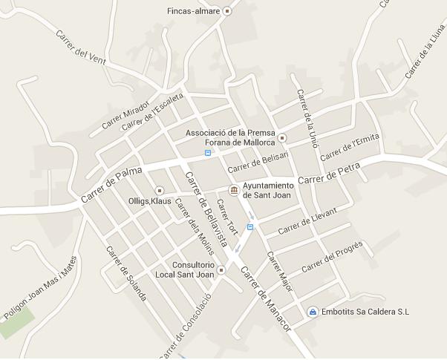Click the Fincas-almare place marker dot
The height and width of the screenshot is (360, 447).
227,11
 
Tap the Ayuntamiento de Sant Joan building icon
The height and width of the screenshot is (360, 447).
234,191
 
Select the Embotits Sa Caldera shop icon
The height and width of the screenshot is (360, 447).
313,312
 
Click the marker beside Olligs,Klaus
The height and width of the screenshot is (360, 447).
158,191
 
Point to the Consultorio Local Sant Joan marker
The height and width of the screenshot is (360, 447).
221,269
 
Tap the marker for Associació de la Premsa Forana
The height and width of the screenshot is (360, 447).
282,137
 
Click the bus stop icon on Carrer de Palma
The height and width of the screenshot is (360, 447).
208,153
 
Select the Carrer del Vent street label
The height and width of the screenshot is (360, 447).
81,47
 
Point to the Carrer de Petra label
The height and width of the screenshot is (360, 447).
328,174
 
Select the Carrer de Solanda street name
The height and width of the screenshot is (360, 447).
125,273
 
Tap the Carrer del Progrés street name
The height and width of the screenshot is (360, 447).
331,256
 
